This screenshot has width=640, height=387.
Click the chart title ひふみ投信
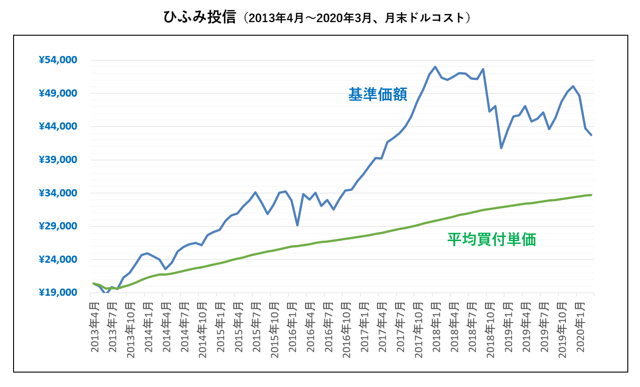click(199, 17)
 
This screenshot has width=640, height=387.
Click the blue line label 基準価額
click(377, 94)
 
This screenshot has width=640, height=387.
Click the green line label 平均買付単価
click(491, 239)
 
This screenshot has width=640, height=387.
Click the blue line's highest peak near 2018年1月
click(435, 67)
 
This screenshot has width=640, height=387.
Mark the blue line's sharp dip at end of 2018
click(501, 148)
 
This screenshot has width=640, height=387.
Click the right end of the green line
click(591, 195)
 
